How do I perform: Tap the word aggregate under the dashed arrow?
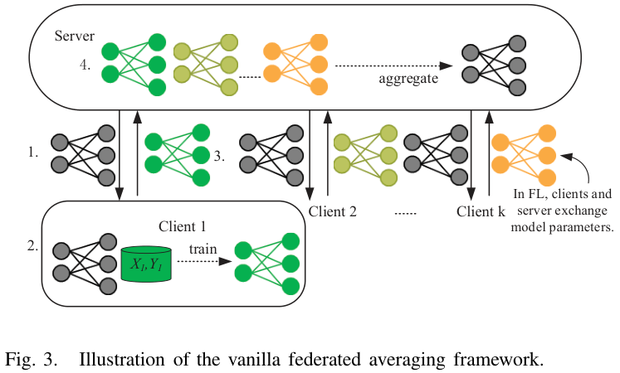408,80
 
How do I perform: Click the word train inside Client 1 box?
203,249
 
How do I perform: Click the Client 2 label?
333,211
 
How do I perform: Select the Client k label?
481,211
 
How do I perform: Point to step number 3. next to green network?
220,154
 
